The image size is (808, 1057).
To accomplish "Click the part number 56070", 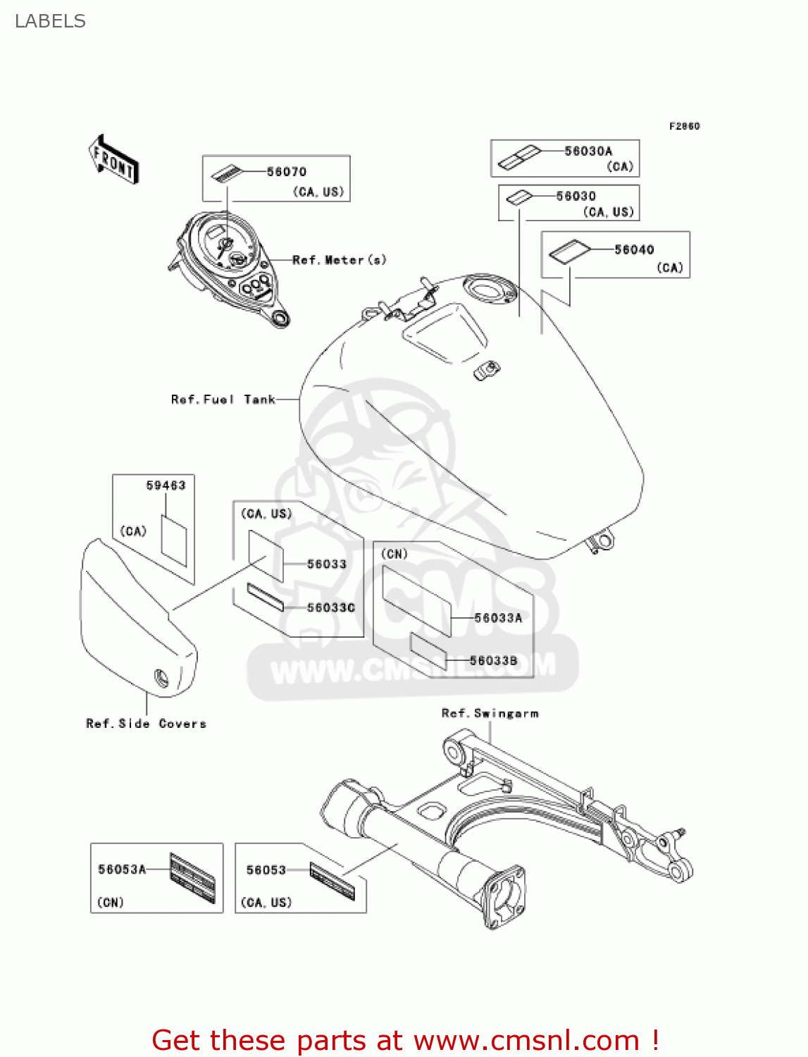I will [286, 172].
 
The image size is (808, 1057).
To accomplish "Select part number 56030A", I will [588, 152].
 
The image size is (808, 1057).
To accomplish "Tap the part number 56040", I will [634, 250].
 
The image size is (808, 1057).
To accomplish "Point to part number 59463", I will [166, 486].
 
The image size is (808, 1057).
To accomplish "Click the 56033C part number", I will [331, 607].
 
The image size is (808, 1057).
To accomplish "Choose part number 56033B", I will [493, 661].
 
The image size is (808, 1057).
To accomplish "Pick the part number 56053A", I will [122, 870].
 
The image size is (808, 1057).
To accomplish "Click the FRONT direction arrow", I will [113, 160].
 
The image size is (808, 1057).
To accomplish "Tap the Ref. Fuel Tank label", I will [223, 400].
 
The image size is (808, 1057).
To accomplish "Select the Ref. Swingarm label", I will [490, 713].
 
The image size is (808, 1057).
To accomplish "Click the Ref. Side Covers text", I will [146, 724].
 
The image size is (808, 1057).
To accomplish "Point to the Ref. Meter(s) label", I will [340, 260].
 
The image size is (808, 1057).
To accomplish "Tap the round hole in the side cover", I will [161, 679].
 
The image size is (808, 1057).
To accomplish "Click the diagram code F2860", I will [684, 126].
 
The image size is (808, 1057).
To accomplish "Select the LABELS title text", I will [50, 21].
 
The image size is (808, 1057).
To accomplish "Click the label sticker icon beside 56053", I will [332, 882].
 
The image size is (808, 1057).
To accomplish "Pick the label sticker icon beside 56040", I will [569, 252].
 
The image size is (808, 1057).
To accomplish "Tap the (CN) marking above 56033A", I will [394, 554].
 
